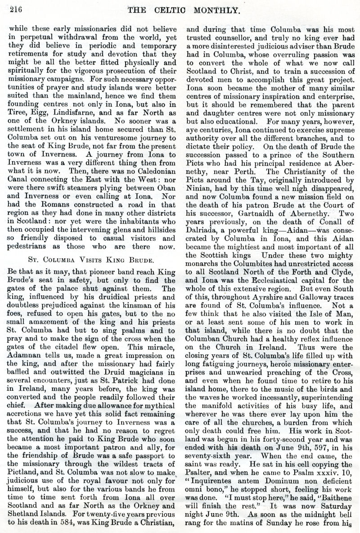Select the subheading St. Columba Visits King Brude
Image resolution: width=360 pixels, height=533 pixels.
pos(90,259)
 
